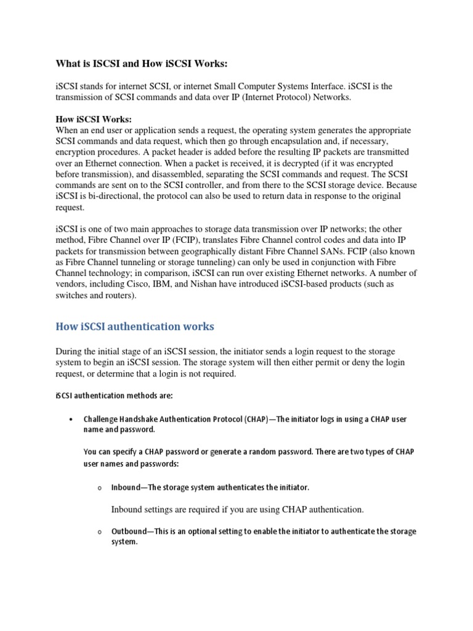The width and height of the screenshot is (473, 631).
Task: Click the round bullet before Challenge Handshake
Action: coord(72,420)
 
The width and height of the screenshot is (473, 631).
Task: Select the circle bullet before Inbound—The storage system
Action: coord(99,488)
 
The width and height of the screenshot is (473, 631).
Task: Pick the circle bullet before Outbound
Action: coord(99,532)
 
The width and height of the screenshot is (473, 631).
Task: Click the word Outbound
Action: coord(129,531)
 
